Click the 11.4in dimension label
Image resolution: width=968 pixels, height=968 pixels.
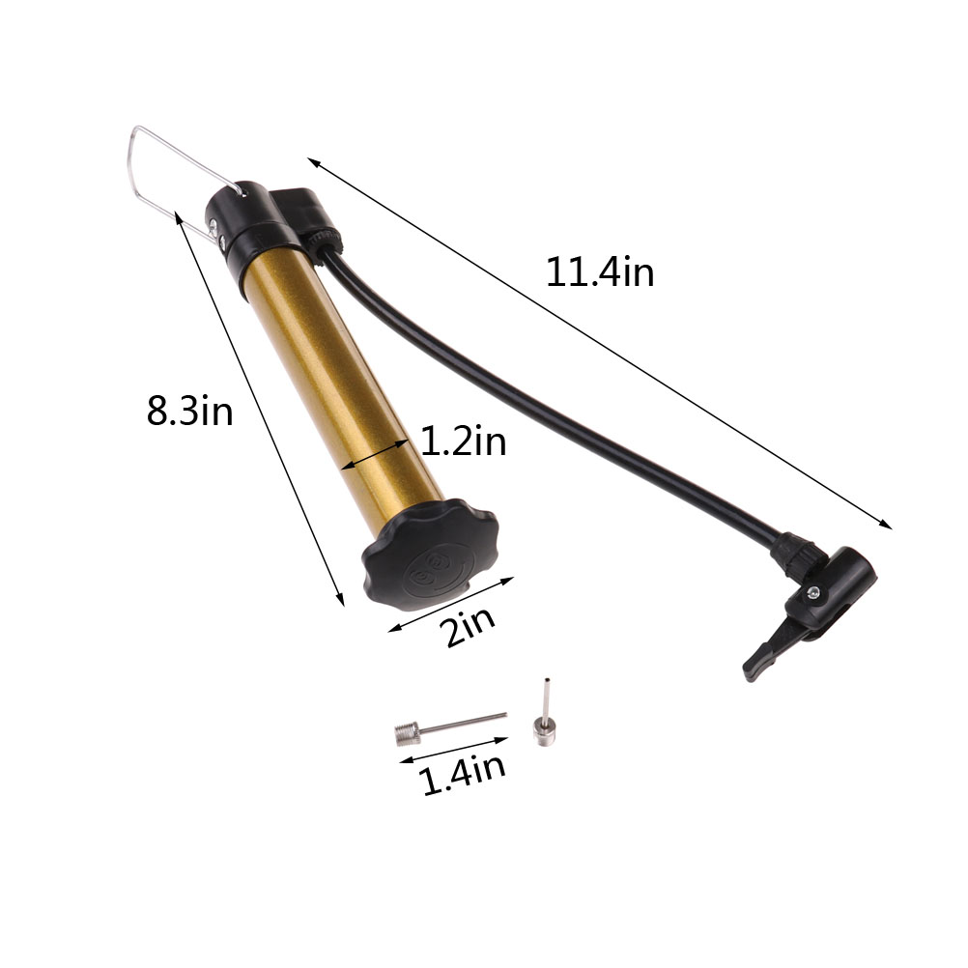click(599, 271)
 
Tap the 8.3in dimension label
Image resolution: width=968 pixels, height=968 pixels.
click(189, 411)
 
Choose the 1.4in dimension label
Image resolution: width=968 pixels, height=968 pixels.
click(463, 774)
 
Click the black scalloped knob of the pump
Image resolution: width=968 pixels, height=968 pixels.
click(430, 555)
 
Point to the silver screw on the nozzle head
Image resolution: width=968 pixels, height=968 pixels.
click(814, 592)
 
